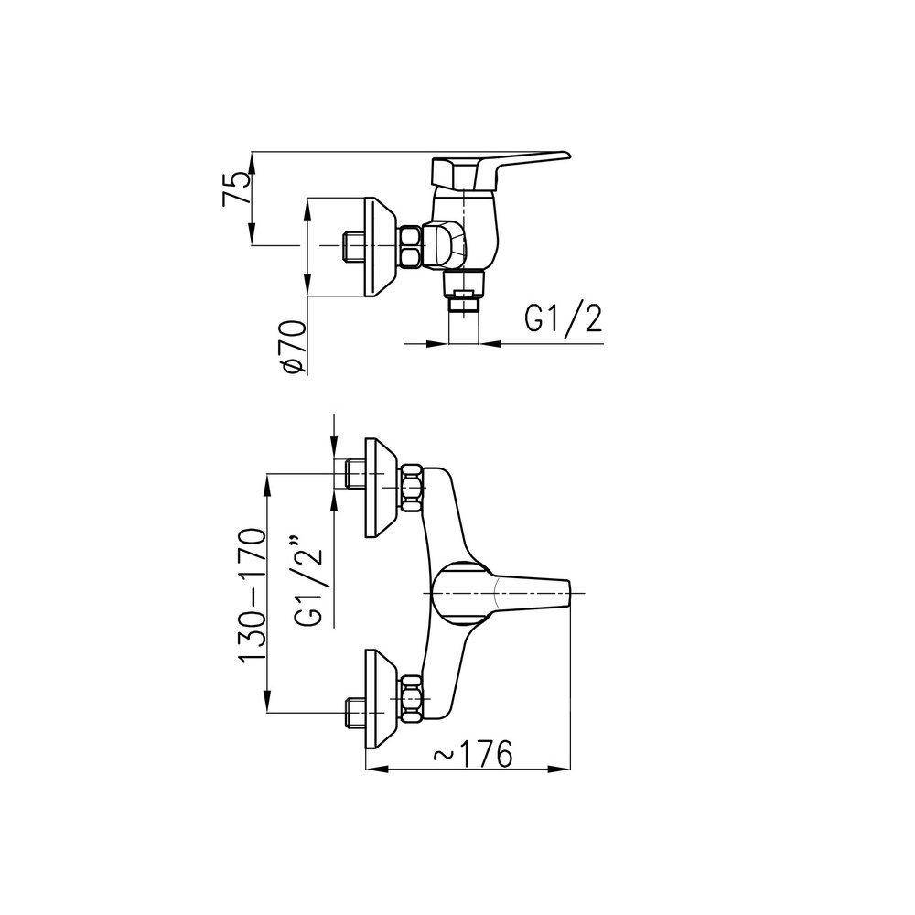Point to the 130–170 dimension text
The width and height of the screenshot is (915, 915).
[x=253, y=595]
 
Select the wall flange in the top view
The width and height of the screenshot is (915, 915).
[x=380, y=246]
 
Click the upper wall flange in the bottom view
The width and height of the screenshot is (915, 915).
[x=380, y=488]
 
